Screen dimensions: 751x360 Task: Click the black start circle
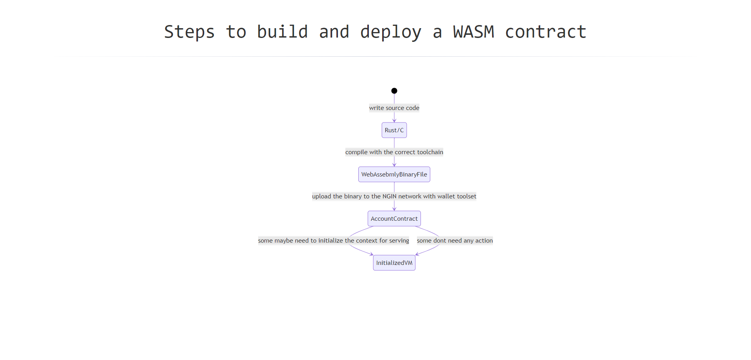(394, 91)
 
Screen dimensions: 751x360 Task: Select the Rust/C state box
(394, 130)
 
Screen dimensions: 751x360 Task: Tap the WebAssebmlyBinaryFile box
(394, 175)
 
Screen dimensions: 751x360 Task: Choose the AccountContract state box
(394, 219)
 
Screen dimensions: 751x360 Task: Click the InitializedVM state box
(394, 263)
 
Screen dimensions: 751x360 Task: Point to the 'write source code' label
(394, 108)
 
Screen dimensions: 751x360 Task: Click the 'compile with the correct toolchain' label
(394, 152)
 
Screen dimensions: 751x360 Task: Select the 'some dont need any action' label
(455, 241)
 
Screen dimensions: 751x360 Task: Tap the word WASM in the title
(474, 32)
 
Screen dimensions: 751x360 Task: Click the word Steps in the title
(189, 32)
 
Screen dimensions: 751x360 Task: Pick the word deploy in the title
(391, 32)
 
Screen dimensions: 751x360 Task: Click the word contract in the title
(546, 32)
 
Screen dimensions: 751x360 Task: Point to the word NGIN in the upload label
(390, 196)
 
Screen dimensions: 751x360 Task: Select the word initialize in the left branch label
(331, 241)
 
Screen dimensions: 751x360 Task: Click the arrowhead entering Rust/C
(394, 121)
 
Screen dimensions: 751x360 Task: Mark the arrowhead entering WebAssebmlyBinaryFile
(394, 165)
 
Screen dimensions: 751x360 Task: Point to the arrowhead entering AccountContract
(394, 209)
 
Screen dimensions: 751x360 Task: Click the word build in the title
(282, 32)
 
